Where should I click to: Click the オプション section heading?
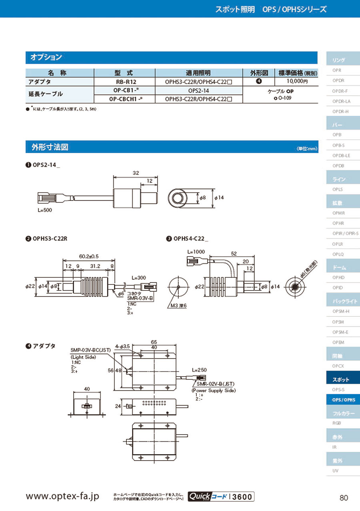(46, 58)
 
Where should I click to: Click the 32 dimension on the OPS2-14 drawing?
(135, 173)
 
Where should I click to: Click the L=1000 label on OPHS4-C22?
(196, 252)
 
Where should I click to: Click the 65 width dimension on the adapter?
(154, 342)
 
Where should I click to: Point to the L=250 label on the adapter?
(199, 370)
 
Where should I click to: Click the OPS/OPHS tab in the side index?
(343, 400)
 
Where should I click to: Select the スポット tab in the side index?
(341, 379)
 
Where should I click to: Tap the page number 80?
(344, 498)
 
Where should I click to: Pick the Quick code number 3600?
(242, 497)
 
